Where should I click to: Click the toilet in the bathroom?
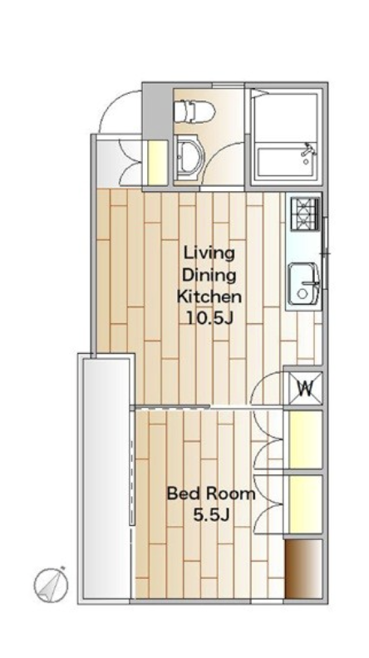click(194, 111)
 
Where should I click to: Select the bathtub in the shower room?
click(286, 160)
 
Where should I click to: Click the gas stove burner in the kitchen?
click(305, 214)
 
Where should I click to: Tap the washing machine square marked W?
click(305, 388)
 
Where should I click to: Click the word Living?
click(209, 254)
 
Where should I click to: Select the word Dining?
click(209, 276)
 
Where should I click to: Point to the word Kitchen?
click(209, 297)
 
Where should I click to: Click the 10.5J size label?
click(209, 318)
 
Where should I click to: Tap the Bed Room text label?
click(211, 493)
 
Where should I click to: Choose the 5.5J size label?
click(211, 515)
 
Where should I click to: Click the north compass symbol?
click(51, 584)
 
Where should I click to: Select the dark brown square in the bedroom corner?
click(303, 569)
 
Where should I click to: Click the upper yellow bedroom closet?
click(305, 439)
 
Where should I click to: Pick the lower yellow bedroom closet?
click(305, 504)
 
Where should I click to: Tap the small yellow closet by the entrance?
click(158, 162)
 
